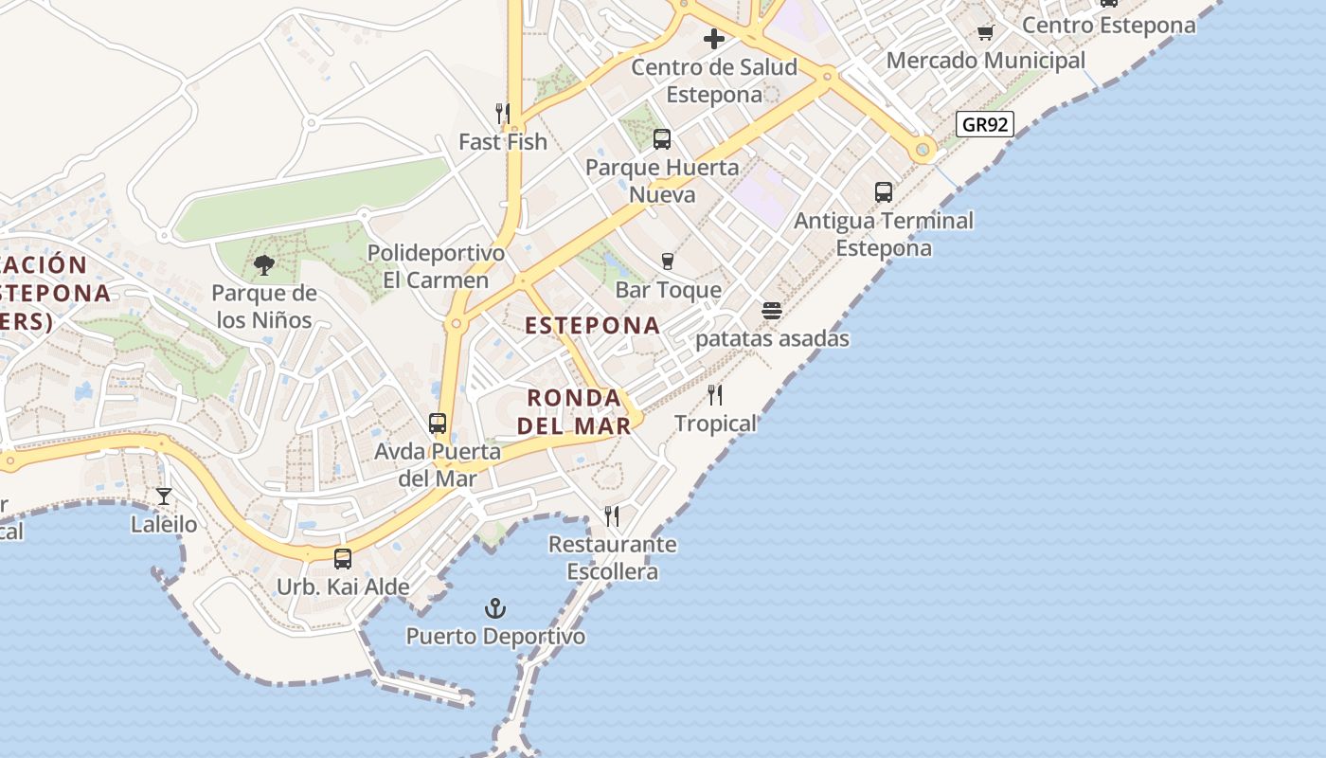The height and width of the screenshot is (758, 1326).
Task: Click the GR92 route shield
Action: [985, 124]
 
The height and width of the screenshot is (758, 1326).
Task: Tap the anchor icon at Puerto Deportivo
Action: [494, 608]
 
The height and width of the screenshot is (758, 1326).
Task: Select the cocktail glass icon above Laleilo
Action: [164, 496]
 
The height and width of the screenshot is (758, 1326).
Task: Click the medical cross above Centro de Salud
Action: [714, 39]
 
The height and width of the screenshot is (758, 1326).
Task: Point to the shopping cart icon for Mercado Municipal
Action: [985, 33]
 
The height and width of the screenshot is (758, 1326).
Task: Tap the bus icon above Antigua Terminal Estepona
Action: [884, 192]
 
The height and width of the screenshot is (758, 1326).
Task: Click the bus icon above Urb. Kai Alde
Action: [343, 559]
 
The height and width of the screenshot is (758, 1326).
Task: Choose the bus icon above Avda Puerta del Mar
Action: [438, 424]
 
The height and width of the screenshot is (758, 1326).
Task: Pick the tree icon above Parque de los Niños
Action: [264, 265]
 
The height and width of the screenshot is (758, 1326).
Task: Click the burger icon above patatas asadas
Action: [772, 311]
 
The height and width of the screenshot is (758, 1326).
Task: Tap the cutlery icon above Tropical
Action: [715, 395]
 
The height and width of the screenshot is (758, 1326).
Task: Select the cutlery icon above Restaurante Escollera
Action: [612, 516]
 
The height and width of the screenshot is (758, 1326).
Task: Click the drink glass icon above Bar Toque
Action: [668, 262]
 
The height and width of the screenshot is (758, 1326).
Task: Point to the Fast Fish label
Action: [503, 142]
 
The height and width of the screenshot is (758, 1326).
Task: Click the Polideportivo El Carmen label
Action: [437, 266]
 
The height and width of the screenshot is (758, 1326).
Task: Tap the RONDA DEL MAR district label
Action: [574, 411]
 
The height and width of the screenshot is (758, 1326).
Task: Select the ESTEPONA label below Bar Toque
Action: [593, 325]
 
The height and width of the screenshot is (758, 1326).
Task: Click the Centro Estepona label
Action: [1109, 26]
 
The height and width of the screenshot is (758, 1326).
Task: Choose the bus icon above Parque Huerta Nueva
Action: [662, 139]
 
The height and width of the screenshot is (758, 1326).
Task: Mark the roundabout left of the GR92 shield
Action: [923, 149]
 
